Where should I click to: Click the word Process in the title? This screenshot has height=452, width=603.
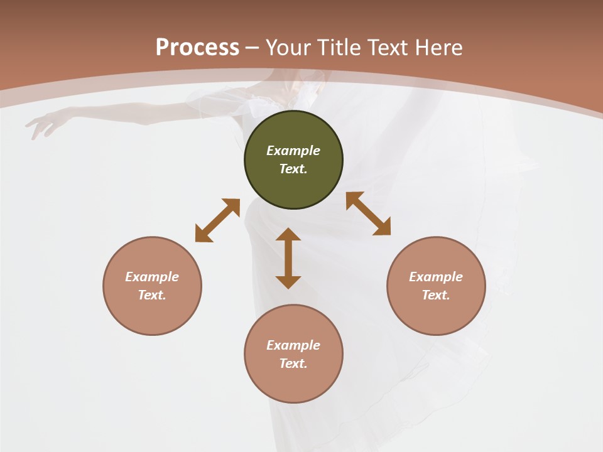pyautogui.click(x=197, y=48)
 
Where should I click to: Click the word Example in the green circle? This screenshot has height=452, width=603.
pyautogui.click(x=293, y=151)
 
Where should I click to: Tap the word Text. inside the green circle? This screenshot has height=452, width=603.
pyautogui.click(x=293, y=169)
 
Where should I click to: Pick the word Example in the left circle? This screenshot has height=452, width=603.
pyautogui.click(x=152, y=277)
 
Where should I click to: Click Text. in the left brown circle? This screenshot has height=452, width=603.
pyautogui.click(x=152, y=295)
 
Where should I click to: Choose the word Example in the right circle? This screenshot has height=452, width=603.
pyautogui.click(x=436, y=277)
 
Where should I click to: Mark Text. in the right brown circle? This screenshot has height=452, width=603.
pyautogui.click(x=436, y=295)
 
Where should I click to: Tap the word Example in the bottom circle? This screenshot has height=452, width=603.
pyautogui.click(x=293, y=345)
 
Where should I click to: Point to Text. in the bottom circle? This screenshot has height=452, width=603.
pyautogui.click(x=293, y=363)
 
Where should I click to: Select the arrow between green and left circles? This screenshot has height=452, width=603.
pyautogui.click(x=217, y=220)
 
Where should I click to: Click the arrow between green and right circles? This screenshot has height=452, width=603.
pyautogui.click(x=368, y=213)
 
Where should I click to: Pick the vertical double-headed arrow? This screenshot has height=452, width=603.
pyautogui.click(x=288, y=258)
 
